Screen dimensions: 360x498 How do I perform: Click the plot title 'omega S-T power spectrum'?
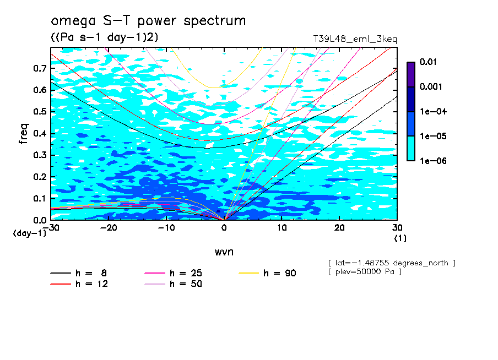(x=148, y=21)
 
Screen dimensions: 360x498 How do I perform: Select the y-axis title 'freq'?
(x=24, y=133)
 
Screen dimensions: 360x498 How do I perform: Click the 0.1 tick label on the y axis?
(x=40, y=199)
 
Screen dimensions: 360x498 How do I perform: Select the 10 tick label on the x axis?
(x=282, y=228)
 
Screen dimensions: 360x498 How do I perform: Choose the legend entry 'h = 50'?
(x=186, y=284)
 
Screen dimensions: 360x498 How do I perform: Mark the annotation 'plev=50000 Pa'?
(x=364, y=272)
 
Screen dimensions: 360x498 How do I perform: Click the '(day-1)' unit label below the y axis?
(x=30, y=233)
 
